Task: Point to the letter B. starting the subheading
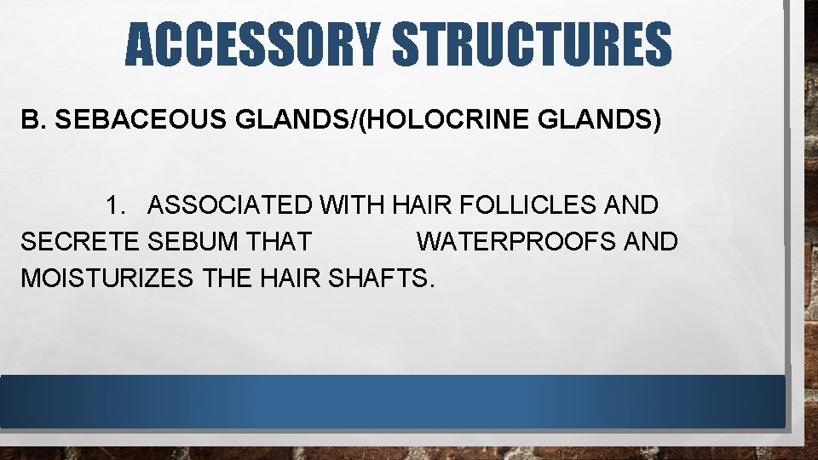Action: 32,121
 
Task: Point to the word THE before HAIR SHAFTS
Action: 223,278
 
